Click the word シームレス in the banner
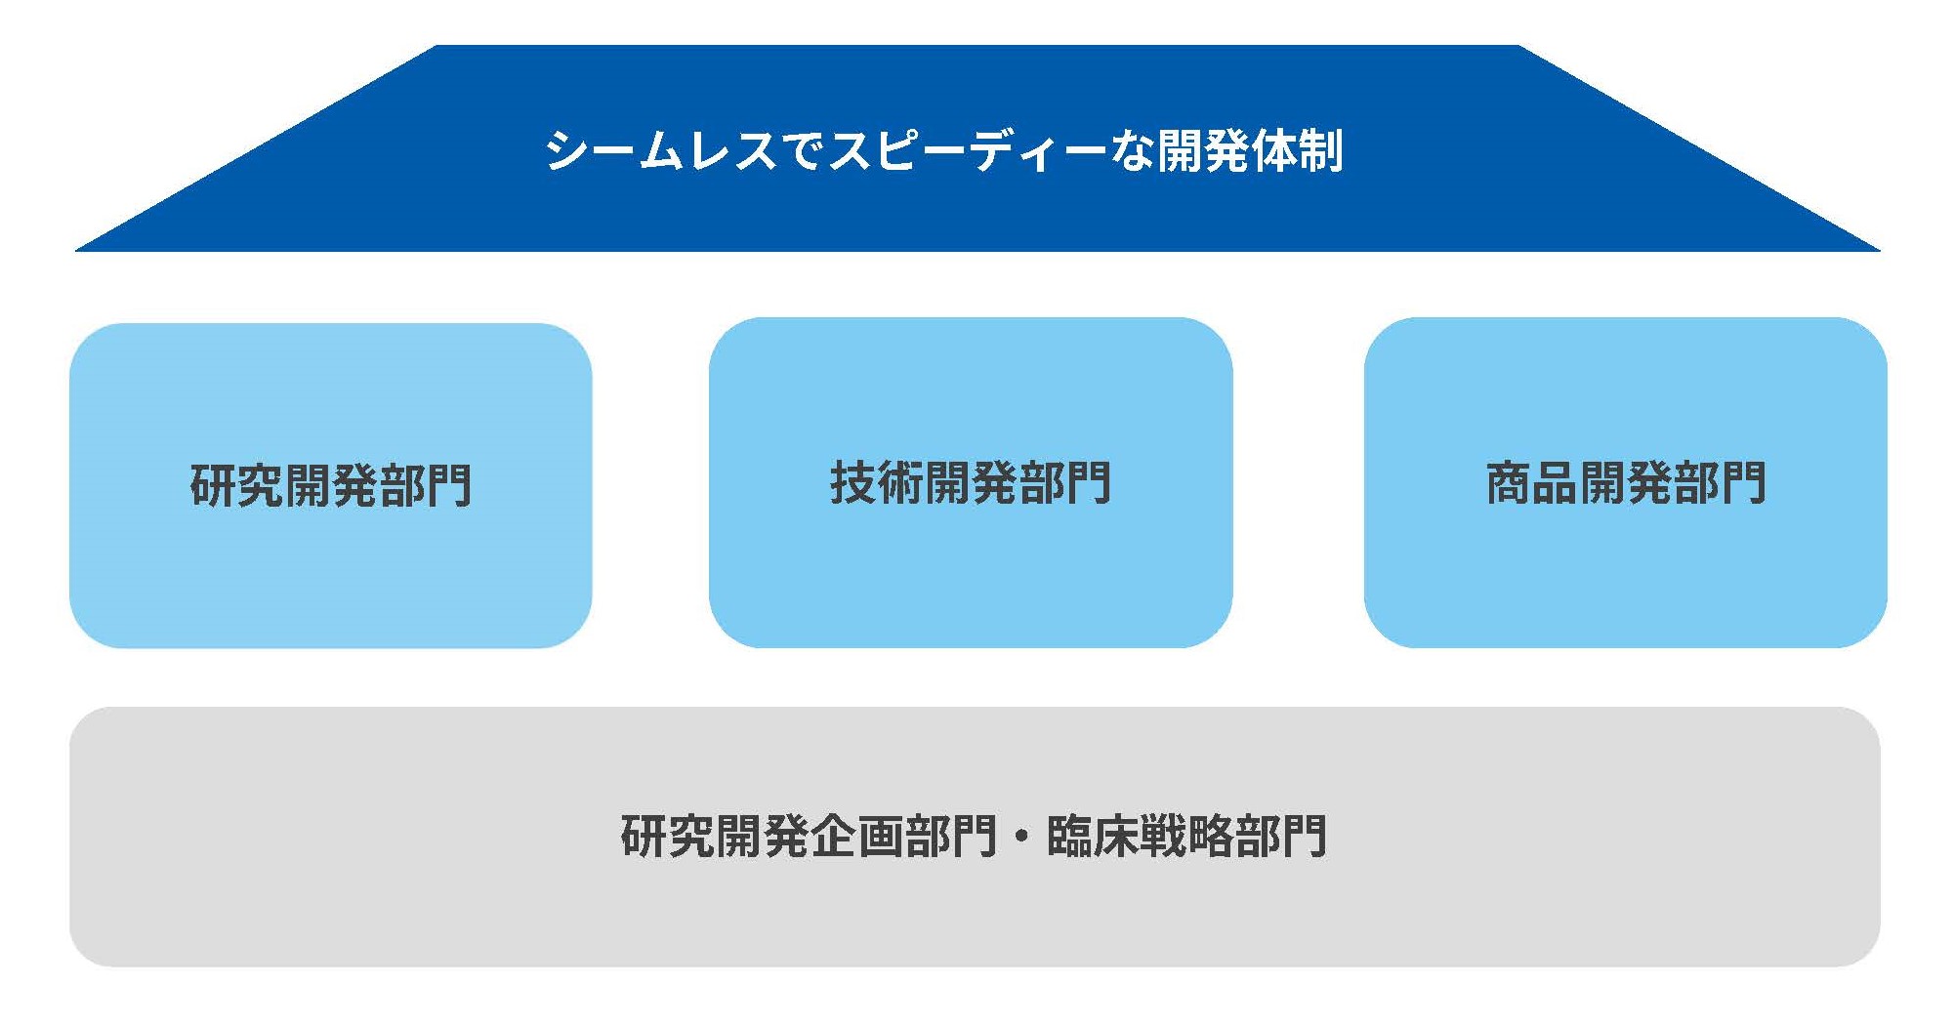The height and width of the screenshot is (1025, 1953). point(661,150)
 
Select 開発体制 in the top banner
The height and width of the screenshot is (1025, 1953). point(1251,150)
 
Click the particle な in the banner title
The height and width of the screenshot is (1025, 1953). point(1131,150)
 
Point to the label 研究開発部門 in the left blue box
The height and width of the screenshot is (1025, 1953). point(331,485)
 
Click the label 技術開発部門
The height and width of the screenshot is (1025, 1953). point(971,482)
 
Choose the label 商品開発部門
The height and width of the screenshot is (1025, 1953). point(1626,482)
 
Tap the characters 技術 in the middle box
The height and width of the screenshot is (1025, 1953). point(877,482)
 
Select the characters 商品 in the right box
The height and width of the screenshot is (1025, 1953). point(1532,482)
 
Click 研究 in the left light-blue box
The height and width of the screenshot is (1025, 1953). point(237,485)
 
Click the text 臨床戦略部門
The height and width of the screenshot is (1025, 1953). point(1186,836)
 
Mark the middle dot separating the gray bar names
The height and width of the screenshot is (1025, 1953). point(1022,837)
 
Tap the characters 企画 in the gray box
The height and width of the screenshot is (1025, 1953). point(856,836)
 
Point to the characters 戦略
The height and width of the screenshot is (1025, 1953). point(1186,836)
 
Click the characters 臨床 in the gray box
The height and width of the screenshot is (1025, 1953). point(1093,836)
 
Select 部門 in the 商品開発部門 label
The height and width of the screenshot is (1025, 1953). point(1721,482)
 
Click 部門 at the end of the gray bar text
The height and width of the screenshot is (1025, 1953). point(1281,836)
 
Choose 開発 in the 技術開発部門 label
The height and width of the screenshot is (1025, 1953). point(971,482)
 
